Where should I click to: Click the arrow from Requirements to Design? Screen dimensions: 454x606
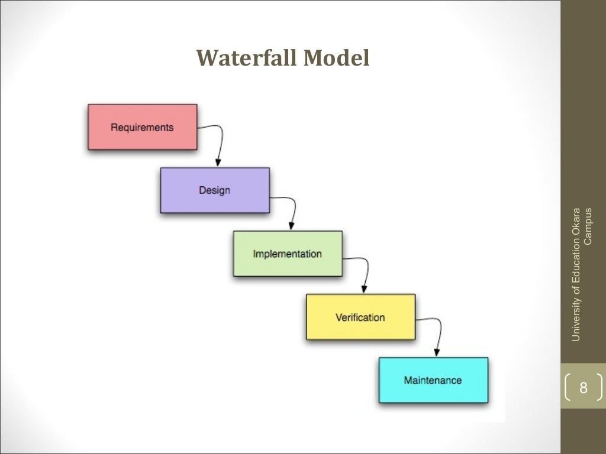pyautogui.click(x=221, y=142)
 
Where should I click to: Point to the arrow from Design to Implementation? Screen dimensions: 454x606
pyautogui.click(x=294, y=207)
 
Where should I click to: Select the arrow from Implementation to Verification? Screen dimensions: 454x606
pyautogui.click(x=366, y=271)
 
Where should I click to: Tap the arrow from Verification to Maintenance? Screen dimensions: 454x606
pyautogui.click(x=439, y=334)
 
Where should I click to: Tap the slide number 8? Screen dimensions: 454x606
pyautogui.click(x=584, y=388)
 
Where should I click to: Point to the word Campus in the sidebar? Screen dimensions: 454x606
pyautogui.click(x=588, y=225)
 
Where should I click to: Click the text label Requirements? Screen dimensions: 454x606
pyautogui.click(x=142, y=127)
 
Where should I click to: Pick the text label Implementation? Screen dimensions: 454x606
pyautogui.click(x=288, y=254)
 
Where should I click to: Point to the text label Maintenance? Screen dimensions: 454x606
pyautogui.click(x=433, y=380)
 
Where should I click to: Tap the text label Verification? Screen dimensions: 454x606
pyautogui.click(x=360, y=317)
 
